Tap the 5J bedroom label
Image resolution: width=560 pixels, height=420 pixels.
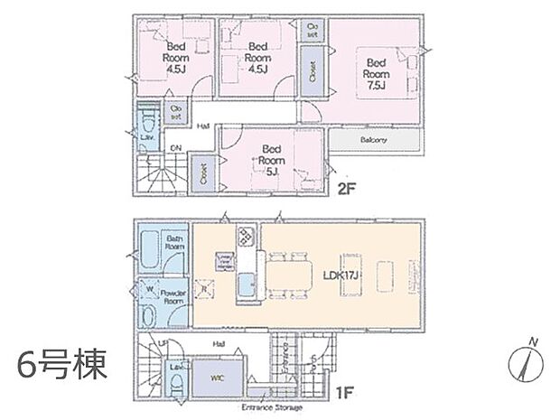(x=268, y=159)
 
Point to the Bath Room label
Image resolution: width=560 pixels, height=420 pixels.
(x=174, y=243)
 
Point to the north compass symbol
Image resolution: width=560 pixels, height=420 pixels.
(x=526, y=363)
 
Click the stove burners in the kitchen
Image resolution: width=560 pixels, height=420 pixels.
(x=246, y=239)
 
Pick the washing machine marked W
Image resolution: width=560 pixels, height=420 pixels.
(x=149, y=291)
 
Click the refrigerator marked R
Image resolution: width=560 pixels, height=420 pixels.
(x=205, y=290)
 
